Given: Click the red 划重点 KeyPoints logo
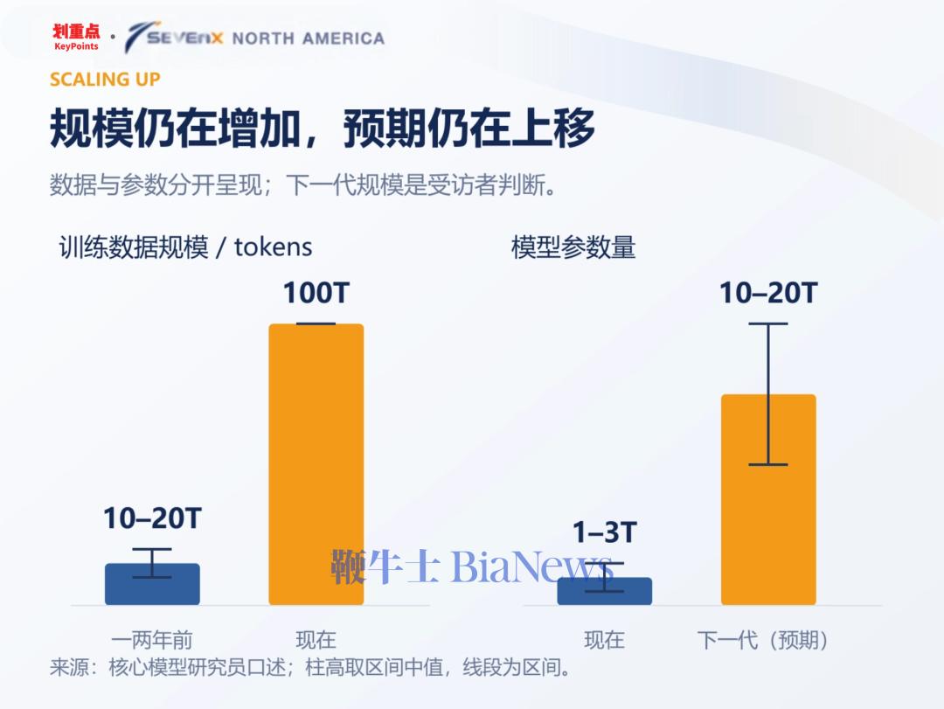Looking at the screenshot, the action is click(x=76, y=38).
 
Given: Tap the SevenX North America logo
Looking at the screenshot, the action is click(x=254, y=38).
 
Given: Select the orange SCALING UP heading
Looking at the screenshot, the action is click(x=105, y=80).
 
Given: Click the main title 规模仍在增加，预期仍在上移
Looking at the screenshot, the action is click(x=322, y=129).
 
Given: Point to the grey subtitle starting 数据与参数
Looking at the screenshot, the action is click(x=302, y=185).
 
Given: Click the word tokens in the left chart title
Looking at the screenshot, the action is click(x=273, y=247).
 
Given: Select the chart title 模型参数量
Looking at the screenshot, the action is click(x=573, y=247).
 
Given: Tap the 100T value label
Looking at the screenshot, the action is click(x=316, y=294).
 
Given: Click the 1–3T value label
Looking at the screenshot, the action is click(x=605, y=532).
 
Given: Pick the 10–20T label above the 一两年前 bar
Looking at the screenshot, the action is click(x=152, y=518).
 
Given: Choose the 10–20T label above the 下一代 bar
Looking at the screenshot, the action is click(x=768, y=294).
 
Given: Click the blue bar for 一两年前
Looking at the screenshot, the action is click(x=152, y=584).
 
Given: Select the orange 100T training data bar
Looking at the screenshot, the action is click(x=316, y=464).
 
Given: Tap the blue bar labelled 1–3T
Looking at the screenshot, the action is click(x=605, y=592).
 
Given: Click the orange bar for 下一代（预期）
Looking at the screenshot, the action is click(x=768, y=499).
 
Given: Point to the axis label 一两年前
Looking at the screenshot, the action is click(x=152, y=640).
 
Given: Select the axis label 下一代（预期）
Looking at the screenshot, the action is click(x=762, y=640).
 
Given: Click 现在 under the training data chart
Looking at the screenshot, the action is click(x=316, y=640).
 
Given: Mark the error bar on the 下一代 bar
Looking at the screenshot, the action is click(x=768, y=394).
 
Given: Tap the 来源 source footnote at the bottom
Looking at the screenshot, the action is click(x=310, y=667).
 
